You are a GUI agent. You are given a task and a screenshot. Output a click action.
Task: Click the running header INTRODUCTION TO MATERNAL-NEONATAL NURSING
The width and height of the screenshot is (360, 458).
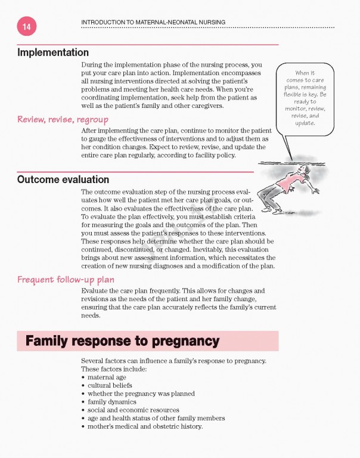pos(153,22)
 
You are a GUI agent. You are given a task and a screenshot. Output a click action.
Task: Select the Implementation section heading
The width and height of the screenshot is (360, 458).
pos(53,52)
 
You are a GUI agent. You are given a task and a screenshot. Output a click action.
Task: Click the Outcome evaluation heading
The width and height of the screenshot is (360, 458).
pos(63,180)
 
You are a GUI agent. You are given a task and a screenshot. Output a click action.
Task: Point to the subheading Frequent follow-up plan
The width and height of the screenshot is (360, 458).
pos(66,279)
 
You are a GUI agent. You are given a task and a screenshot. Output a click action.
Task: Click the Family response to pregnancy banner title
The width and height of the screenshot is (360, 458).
pos(122,342)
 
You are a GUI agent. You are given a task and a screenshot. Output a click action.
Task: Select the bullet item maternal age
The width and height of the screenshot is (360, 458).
pos(107,377)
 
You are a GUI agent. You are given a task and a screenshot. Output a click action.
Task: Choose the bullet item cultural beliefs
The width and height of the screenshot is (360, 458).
pos(110,386)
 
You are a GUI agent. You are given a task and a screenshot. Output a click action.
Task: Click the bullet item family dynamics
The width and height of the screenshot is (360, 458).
pos(111,402)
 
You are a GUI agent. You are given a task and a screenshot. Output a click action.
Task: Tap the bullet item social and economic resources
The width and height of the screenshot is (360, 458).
pos(133,410)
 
